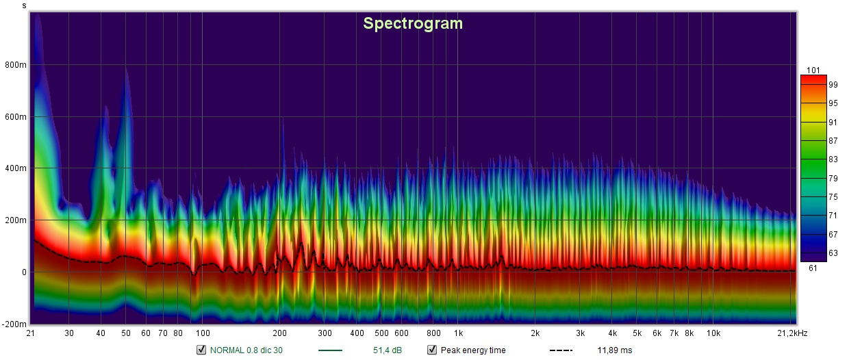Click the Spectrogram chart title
[x=413, y=23]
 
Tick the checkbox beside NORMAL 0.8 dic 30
[x=201, y=350]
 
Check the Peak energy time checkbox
[x=432, y=350]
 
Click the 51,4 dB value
[x=387, y=350]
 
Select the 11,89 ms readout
[x=615, y=350]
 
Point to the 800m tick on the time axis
[x=16, y=65]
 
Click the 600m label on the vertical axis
[x=16, y=117]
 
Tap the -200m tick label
[x=14, y=324]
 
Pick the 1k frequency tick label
[x=458, y=333]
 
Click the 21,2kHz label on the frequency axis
[x=792, y=333]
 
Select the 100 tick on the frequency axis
[x=203, y=333]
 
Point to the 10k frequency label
[x=713, y=333]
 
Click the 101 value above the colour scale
[x=813, y=70]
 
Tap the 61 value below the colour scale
[x=813, y=268]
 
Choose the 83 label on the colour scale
[x=833, y=159]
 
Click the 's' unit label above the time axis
[x=24, y=5]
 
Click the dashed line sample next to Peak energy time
[x=561, y=350]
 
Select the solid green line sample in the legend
[x=330, y=350]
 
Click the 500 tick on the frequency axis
[x=381, y=333]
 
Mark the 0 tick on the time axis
[x=24, y=272]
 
